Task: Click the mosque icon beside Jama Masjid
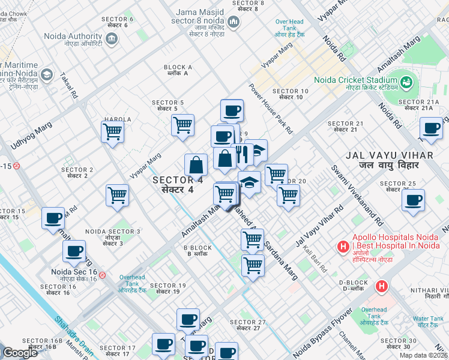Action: pyautogui.click(x=234, y=23)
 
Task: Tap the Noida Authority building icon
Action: pyautogui.click(x=111, y=39)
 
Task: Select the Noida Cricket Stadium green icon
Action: pyautogui.click(x=406, y=81)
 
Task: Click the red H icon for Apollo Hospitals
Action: pyautogui.click(x=343, y=246)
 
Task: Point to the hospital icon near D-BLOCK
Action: pyautogui.click(x=381, y=287)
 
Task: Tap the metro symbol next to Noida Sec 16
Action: pyautogui.click(x=103, y=275)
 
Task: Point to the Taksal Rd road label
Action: pyautogui.click(x=68, y=86)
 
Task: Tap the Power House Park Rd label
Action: pyautogui.click(x=271, y=108)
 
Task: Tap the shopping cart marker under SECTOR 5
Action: pyautogui.click(x=182, y=125)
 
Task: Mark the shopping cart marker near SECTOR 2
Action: pyautogui.click(x=117, y=194)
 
